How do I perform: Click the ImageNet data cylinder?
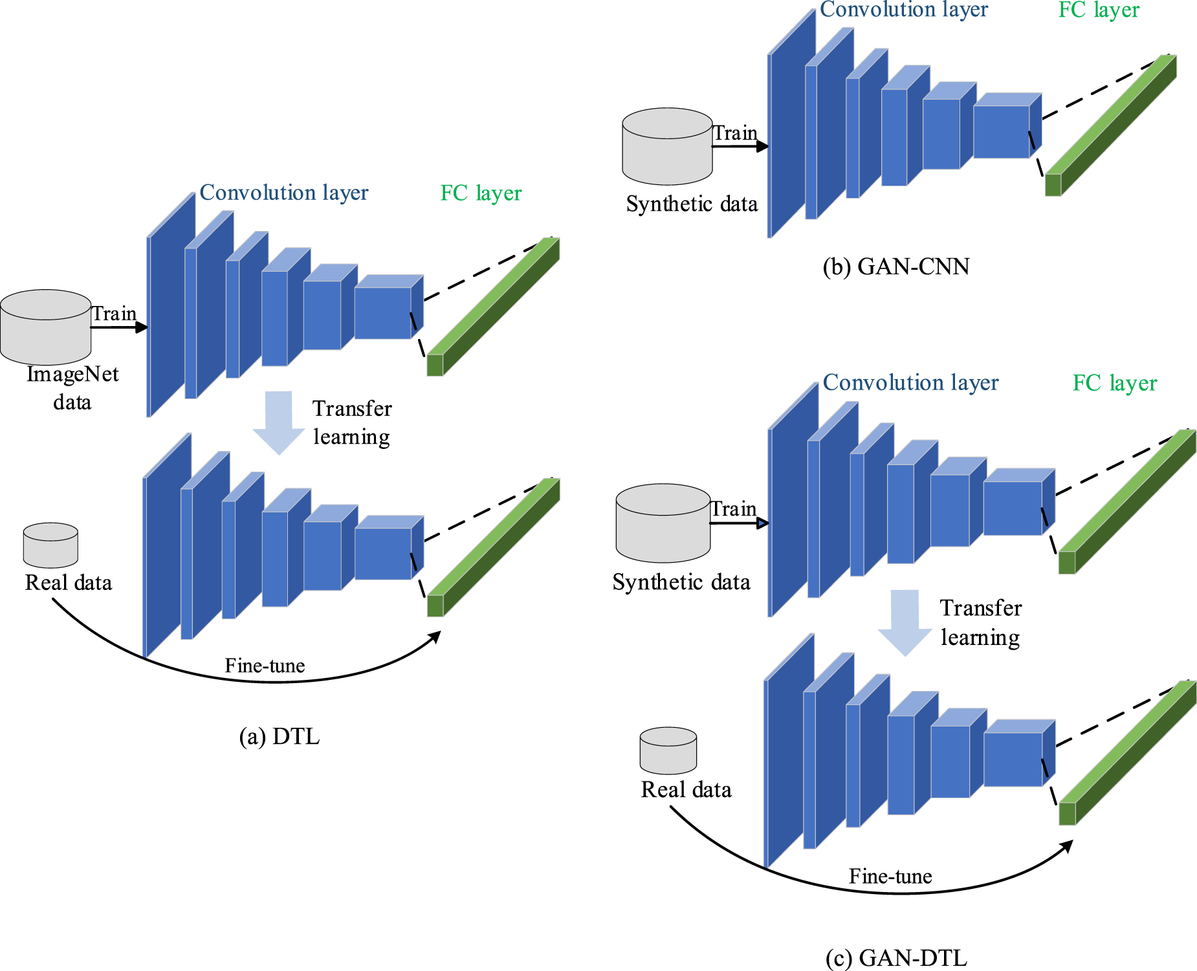click(45, 327)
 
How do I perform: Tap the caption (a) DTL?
click(279, 736)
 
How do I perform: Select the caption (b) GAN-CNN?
click(896, 266)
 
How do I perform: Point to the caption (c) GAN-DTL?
click(896, 957)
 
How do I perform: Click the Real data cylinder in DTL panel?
click(50, 545)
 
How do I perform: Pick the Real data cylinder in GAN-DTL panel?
click(668, 750)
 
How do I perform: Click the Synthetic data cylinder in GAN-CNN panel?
click(667, 147)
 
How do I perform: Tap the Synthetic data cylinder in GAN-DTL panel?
click(663, 523)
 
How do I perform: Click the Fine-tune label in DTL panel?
click(265, 665)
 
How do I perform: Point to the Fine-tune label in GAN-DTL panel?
click(890, 876)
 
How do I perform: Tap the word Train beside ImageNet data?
click(114, 314)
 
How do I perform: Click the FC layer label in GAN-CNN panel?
click(1098, 10)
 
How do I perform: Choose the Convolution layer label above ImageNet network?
click(283, 192)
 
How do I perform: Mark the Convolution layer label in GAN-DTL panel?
click(910, 382)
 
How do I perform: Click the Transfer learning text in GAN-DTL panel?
click(980, 622)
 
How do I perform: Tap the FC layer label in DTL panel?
click(481, 193)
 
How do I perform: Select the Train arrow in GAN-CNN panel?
click(740, 146)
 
